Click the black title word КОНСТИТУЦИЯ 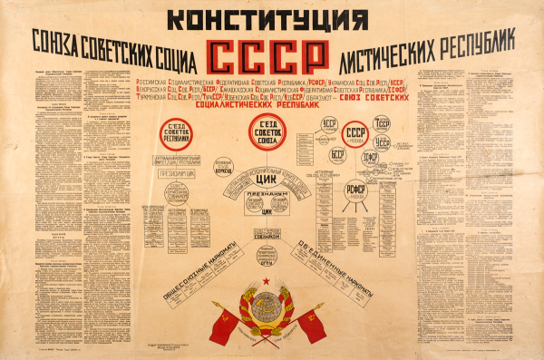click(x=269, y=17)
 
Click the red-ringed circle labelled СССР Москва click(x=356, y=133)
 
